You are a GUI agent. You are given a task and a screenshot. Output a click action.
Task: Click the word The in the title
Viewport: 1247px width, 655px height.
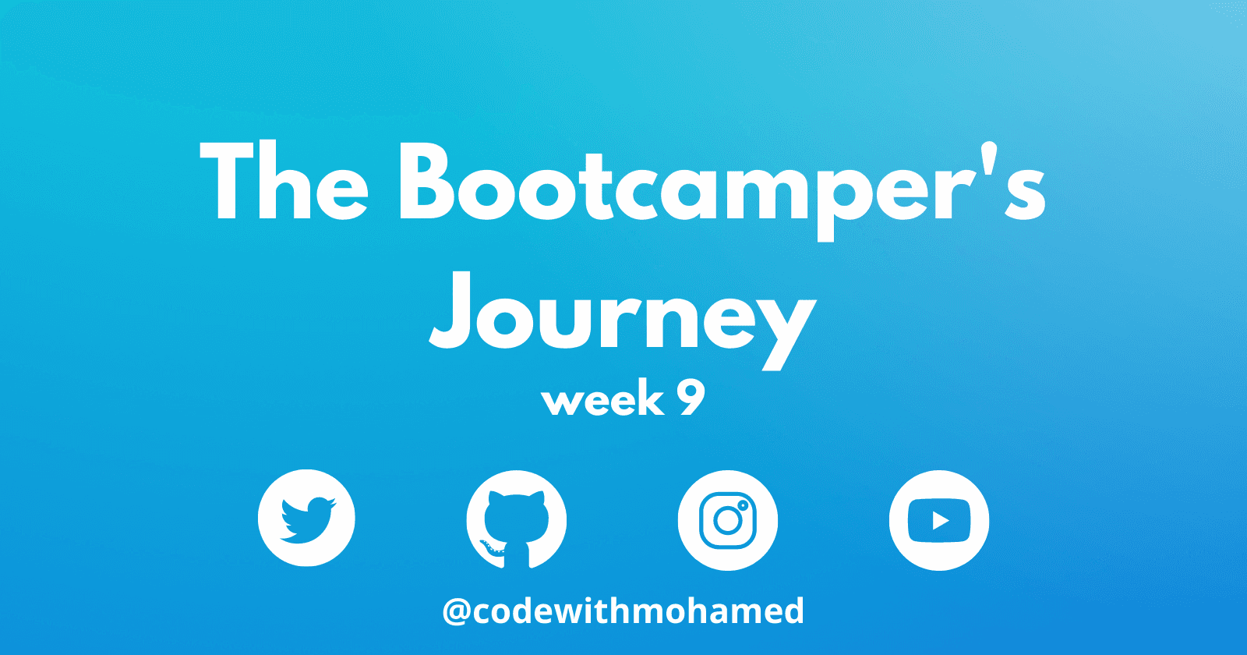point(284,180)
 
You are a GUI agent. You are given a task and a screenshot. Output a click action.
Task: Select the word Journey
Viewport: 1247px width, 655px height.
point(623,321)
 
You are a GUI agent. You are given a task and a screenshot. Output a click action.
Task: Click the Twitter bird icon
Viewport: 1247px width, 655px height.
point(306,518)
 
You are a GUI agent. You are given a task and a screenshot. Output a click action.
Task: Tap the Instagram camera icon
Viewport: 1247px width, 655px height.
point(728,520)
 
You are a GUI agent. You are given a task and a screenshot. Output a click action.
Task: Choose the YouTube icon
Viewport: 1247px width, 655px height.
point(939,520)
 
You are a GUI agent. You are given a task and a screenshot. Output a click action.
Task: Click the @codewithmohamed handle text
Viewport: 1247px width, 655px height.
point(623,611)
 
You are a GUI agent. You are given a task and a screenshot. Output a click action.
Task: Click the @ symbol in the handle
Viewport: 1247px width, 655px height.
point(457,612)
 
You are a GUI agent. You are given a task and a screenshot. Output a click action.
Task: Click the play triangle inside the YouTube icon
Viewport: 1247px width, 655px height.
point(940,521)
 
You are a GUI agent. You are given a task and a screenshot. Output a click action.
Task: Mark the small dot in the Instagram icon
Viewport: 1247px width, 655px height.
point(742,505)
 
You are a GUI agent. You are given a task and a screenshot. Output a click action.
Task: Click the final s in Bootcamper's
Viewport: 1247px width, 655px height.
point(1025,192)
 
